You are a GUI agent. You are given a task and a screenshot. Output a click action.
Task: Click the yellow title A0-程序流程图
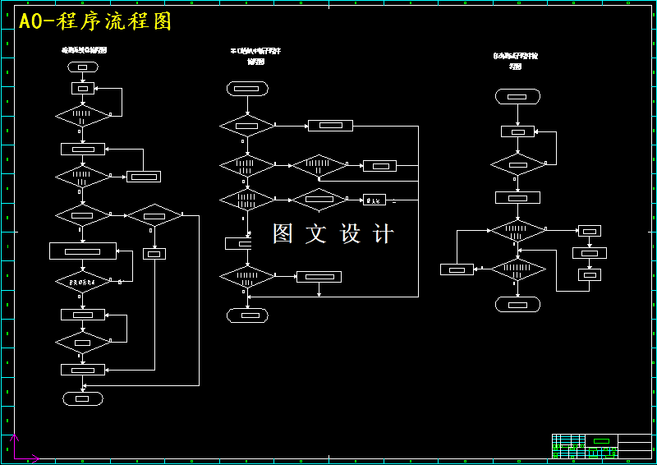pos(95,22)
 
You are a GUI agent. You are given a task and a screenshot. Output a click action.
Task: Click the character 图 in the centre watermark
pos(283,233)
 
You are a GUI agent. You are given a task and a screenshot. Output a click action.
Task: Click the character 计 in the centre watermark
pos(383,233)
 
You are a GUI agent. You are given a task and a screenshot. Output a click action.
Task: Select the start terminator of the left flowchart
pos(83,67)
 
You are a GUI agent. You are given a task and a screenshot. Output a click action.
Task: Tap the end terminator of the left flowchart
pos(83,398)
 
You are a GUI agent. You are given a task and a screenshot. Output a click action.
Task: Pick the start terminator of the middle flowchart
pos(247,88)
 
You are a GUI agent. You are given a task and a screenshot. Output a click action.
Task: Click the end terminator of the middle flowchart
pos(247,315)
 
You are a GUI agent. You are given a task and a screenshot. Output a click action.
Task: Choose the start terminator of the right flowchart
pos(517,96)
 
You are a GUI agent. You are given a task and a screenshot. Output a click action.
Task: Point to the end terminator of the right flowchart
pos(517,305)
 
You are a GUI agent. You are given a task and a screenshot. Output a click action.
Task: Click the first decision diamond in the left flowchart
pos(83,115)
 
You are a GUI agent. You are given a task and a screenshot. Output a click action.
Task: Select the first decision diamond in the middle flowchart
pos(247,126)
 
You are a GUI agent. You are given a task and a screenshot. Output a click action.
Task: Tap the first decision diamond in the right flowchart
pos(517,164)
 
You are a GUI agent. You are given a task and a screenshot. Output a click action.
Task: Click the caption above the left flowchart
pos(85,50)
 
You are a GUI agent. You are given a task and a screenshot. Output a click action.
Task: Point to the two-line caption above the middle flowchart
pos(255,56)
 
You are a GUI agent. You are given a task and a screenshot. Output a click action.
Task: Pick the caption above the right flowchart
pos(516,61)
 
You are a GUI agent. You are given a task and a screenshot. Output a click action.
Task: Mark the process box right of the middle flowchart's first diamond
pos(330,126)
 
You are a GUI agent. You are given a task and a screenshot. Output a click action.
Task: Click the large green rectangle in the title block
pos(602,441)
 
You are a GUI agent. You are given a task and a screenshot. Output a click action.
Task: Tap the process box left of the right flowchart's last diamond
pos(457,269)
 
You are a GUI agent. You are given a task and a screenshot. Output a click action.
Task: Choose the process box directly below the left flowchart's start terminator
pos(83,88)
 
